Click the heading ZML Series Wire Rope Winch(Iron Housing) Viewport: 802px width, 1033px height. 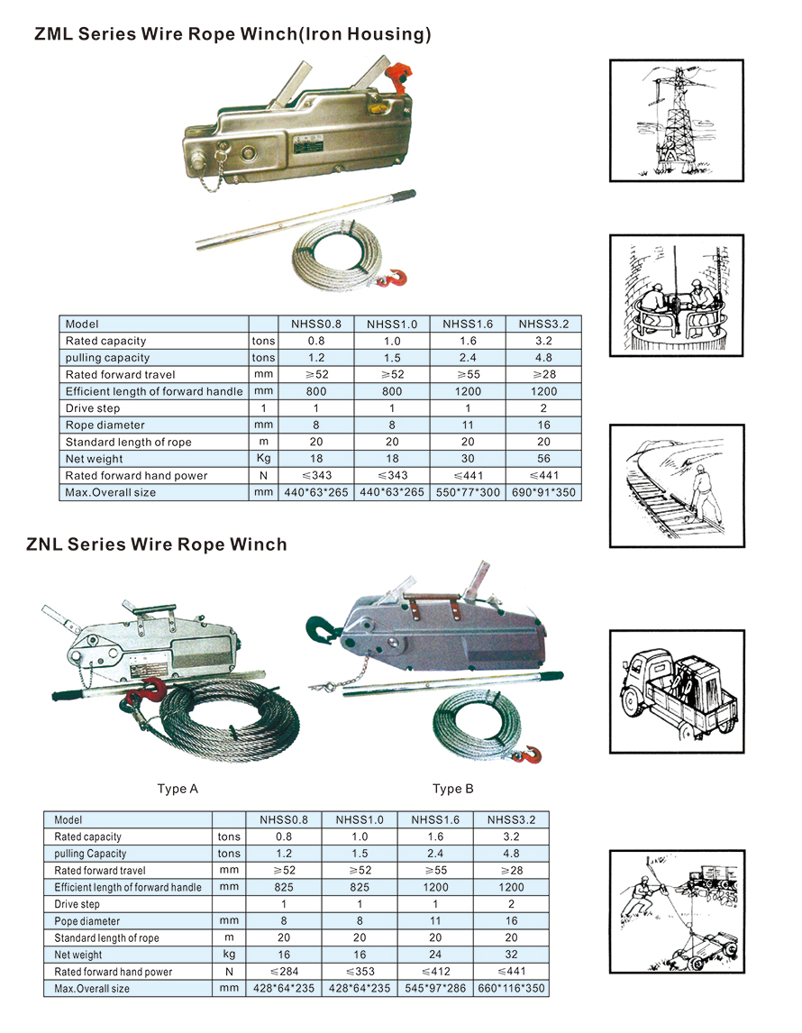pyautogui.click(x=232, y=33)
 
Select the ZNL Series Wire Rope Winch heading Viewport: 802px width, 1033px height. pyautogui.click(x=157, y=544)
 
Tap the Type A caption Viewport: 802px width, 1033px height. pyautogui.click(x=178, y=789)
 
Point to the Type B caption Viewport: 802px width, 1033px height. pyautogui.click(x=453, y=789)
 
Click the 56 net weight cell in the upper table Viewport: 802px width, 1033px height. pyautogui.click(x=543, y=459)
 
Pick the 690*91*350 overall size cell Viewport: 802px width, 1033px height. pyautogui.click(x=543, y=492)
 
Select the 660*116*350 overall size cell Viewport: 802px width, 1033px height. pyautogui.click(x=511, y=988)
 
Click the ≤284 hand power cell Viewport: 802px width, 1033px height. pyautogui.click(x=284, y=971)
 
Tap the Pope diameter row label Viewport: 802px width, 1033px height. pyautogui.click(x=87, y=921)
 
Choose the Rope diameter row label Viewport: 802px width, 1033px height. pyautogui.click(x=105, y=425)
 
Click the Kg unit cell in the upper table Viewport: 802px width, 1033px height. pyautogui.click(x=263, y=459)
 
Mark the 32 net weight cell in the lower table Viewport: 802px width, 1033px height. pyautogui.click(x=511, y=954)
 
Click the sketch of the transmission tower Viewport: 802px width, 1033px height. pyautogui.click(x=676, y=121)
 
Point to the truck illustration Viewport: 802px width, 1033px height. pyautogui.click(x=677, y=691)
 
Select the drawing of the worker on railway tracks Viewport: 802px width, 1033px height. pyautogui.click(x=677, y=486)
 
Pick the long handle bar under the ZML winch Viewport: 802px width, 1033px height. pyautogui.click(x=306, y=219)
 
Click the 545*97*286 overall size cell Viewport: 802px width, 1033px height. pyautogui.click(x=435, y=988)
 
